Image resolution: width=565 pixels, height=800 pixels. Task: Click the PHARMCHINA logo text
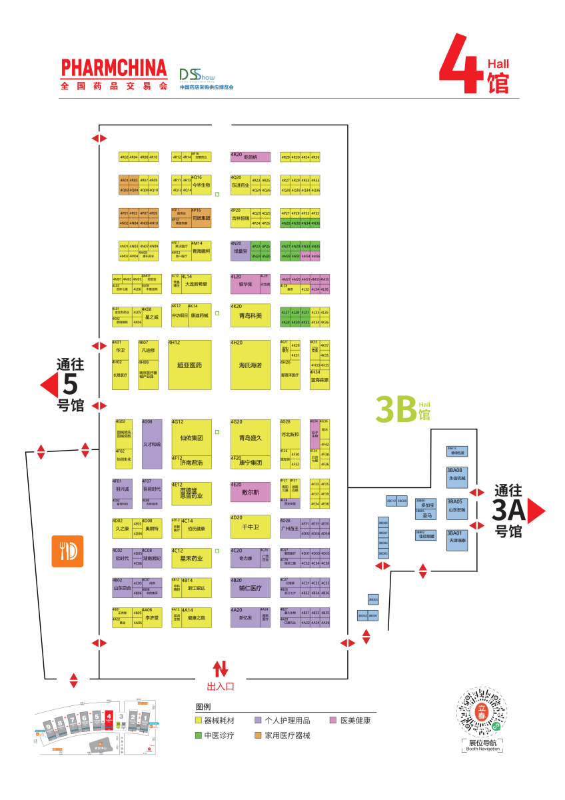[113, 68]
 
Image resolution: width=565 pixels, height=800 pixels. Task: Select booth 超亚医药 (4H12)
[190, 365]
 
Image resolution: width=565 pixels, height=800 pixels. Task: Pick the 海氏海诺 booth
[251, 365]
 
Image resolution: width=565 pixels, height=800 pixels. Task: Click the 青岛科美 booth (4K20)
[251, 315]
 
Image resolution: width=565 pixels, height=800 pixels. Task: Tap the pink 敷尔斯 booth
[251, 492]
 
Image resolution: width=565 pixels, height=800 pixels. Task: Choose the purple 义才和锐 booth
[152, 444]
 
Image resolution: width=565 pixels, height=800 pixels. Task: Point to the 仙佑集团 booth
[191, 437]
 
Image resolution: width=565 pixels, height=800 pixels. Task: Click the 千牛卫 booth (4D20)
[251, 527]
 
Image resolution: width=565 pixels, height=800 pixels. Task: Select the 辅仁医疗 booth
[251, 588]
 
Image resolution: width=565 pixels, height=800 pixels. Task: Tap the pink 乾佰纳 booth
[251, 157]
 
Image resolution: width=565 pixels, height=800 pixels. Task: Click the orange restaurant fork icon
[67, 551]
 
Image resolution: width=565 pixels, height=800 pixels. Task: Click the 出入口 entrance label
[221, 685]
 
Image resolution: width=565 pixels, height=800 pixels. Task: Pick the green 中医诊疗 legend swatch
[198, 735]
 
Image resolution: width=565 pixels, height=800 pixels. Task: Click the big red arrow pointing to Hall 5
[49, 385]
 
